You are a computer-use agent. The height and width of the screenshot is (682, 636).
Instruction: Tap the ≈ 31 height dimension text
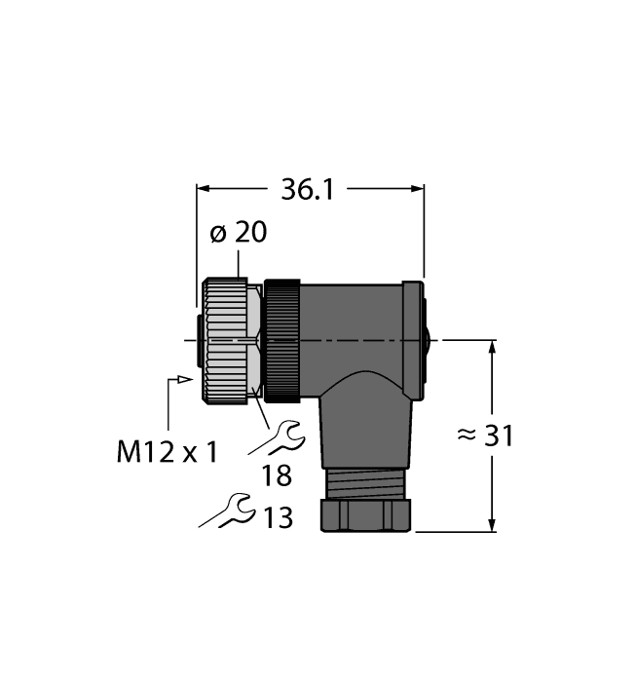484,436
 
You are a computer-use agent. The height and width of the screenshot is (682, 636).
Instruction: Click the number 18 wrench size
277,476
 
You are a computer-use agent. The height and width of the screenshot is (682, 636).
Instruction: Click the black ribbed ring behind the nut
283,341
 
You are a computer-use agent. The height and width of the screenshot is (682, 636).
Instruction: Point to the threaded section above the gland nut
366,479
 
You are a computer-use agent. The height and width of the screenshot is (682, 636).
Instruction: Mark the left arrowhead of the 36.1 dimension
204,188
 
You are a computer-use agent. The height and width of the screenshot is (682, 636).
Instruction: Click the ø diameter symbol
218,234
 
